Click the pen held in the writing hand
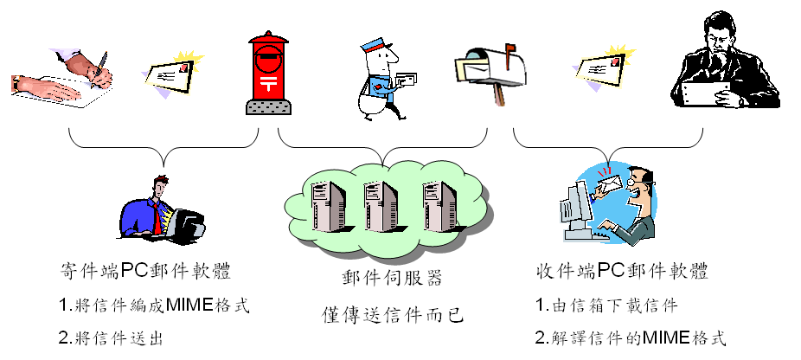point(101,65)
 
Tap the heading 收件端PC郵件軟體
point(622,271)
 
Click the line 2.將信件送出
point(112,337)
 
